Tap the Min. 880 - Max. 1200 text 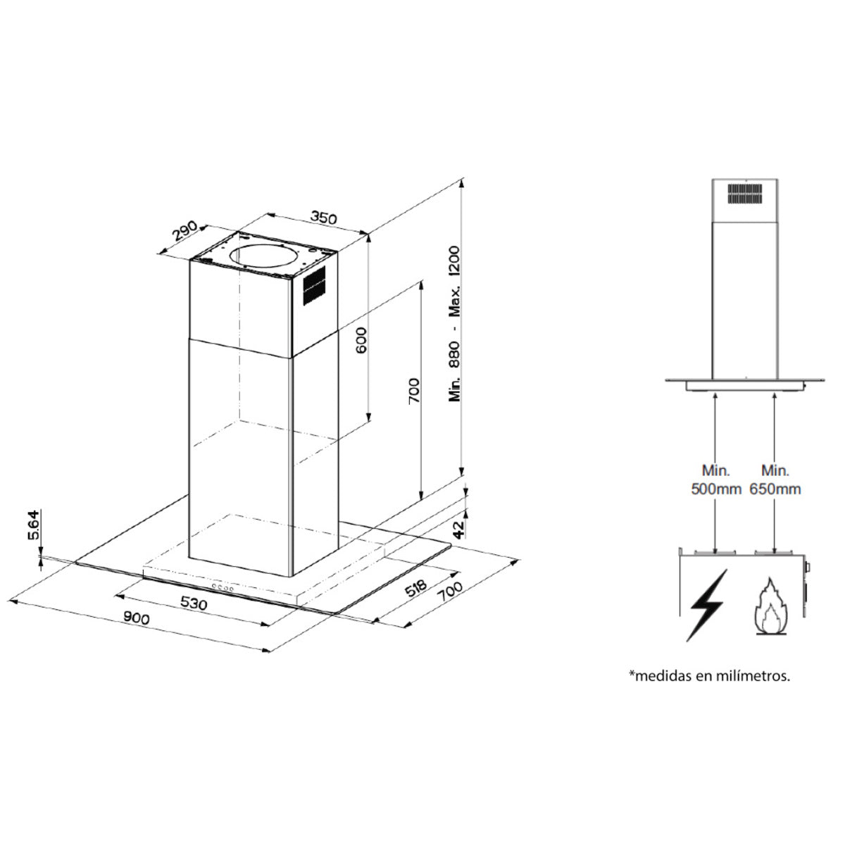click(455, 323)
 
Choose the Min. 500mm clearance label click(716, 479)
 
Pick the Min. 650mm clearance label click(775, 479)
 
